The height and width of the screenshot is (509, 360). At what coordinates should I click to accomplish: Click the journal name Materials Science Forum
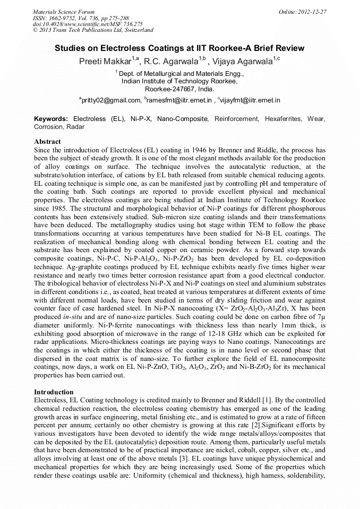pyautogui.click(x=64, y=11)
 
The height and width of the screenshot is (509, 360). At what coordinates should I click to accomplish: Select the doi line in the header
pyautogui.click(x=88, y=24)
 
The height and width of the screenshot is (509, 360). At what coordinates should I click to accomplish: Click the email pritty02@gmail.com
pyautogui.click(x=111, y=100)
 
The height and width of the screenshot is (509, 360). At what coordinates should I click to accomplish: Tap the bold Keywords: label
pyautogui.click(x=51, y=119)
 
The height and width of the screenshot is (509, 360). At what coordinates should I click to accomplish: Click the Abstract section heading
pyautogui.click(x=47, y=142)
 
